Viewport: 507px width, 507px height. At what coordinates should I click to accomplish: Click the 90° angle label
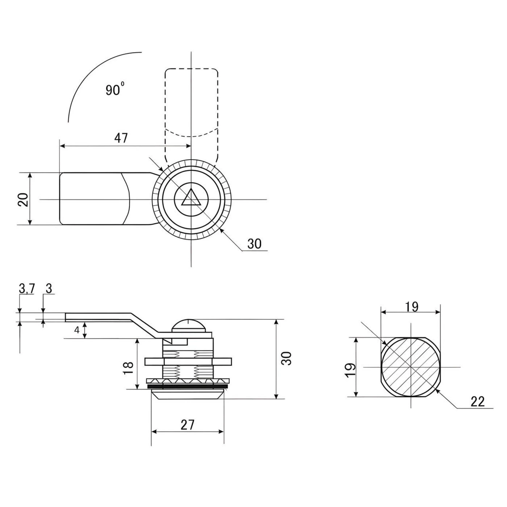pyautogui.click(x=115, y=89)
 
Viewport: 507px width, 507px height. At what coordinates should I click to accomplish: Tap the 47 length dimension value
pyautogui.click(x=121, y=138)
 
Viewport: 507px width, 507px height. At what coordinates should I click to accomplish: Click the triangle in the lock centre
pyautogui.click(x=191, y=198)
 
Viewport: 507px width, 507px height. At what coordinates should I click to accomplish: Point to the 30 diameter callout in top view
pyautogui.click(x=255, y=244)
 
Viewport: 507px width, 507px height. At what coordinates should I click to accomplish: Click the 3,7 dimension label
pyautogui.click(x=27, y=289)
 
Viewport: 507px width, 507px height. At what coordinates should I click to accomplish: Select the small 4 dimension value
pyautogui.click(x=76, y=330)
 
